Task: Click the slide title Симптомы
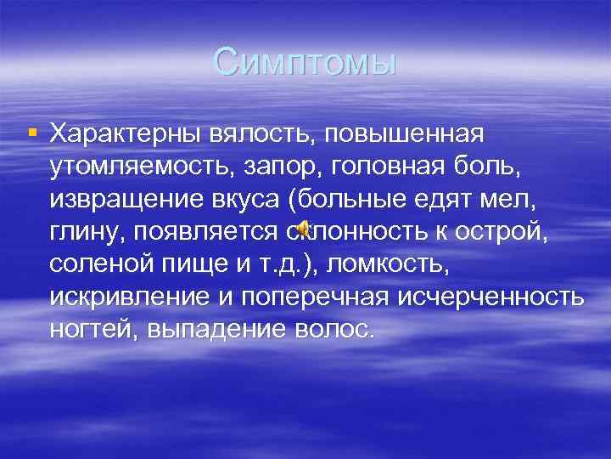pyautogui.click(x=305, y=62)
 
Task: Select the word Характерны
pyautogui.click(x=125, y=134)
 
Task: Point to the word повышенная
pyautogui.click(x=410, y=134)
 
